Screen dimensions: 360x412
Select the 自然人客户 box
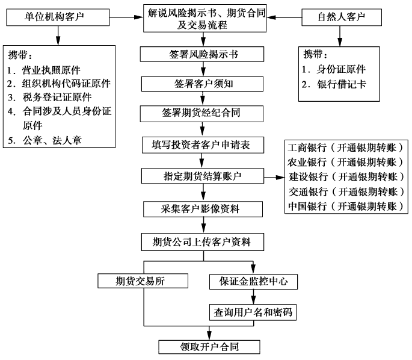coord(341,17)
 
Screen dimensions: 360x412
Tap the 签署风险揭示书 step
coord(203,54)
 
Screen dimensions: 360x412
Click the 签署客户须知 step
coord(204,84)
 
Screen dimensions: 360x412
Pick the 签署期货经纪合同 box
coord(204,113)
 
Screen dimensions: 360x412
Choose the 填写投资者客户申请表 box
coord(204,144)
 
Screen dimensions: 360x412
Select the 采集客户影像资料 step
coord(204,209)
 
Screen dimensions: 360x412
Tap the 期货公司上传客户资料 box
coord(204,242)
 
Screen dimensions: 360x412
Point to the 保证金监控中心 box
coord(253,281)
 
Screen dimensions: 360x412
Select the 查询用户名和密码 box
coord(253,312)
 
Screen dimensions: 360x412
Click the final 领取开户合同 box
coord(209,347)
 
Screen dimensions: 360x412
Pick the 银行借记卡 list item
coord(340,84)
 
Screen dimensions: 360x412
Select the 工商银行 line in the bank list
coord(346,148)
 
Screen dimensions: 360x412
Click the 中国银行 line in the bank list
coord(346,206)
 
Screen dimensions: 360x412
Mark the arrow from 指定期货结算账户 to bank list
coord(275,178)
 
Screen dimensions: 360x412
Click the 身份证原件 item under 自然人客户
coord(340,69)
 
